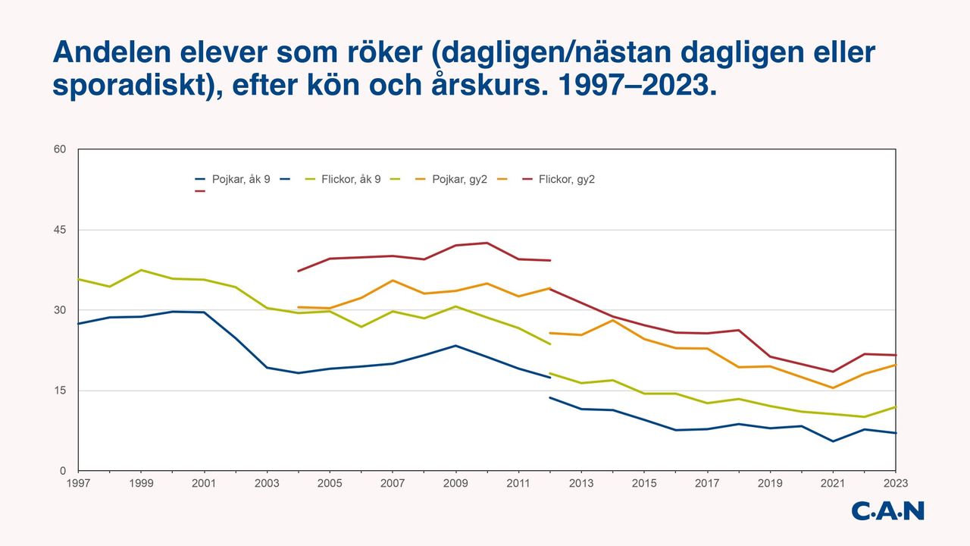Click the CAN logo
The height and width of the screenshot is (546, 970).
pyautogui.click(x=887, y=510)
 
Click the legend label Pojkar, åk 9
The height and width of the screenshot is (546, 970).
pyautogui.click(x=241, y=180)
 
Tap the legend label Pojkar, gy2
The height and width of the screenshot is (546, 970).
pyautogui.click(x=459, y=180)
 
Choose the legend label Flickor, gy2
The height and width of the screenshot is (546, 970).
pyautogui.click(x=566, y=180)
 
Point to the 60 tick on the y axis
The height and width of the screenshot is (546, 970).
pyautogui.click(x=61, y=149)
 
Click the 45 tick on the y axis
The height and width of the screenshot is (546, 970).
pyautogui.click(x=61, y=230)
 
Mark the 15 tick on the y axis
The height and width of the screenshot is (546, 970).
pyautogui.click(x=61, y=391)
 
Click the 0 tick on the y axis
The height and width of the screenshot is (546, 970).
pyautogui.click(x=64, y=471)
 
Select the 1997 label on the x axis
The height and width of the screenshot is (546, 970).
pyautogui.click(x=78, y=483)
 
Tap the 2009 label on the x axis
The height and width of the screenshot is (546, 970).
pyautogui.click(x=455, y=483)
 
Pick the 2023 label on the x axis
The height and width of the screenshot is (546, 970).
pyautogui.click(x=895, y=483)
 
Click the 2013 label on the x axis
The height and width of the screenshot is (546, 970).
pyautogui.click(x=580, y=483)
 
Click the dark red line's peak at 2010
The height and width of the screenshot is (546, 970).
pyautogui.click(x=487, y=243)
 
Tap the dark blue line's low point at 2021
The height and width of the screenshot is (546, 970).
pyautogui.click(x=833, y=441)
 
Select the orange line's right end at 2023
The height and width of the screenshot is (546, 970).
pyautogui.click(x=896, y=365)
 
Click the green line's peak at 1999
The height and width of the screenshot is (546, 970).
pyautogui.click(x=141, y=270)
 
